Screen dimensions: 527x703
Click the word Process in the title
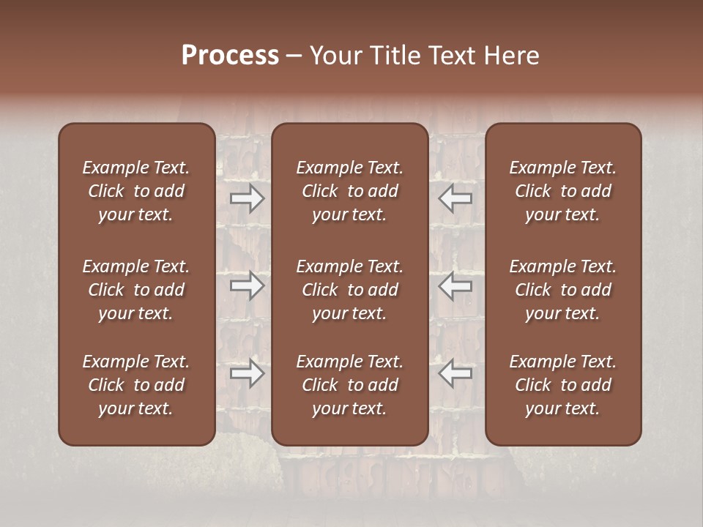coord(230,56)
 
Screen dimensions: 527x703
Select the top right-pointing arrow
coord(248,198)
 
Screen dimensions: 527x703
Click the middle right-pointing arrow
coord(248,286)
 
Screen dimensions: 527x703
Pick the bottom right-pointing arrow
coord(248,374)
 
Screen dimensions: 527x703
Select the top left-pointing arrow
coord(455,198)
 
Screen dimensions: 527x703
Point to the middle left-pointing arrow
coord(455,286)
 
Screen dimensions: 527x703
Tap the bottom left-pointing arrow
coord(455,374)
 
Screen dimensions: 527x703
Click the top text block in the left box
coord(136,191)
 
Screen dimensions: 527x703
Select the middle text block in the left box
coord(136,290)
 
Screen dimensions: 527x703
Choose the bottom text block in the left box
coord(136,385)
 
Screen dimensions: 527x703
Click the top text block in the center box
coord(350,191)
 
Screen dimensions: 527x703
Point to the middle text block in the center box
coord(350,290)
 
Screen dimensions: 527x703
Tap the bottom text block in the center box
coord(350,385)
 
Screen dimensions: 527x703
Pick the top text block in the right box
coord(563,191)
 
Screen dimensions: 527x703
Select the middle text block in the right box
coord(563,290)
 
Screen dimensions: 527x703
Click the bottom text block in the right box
coord(563,385)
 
